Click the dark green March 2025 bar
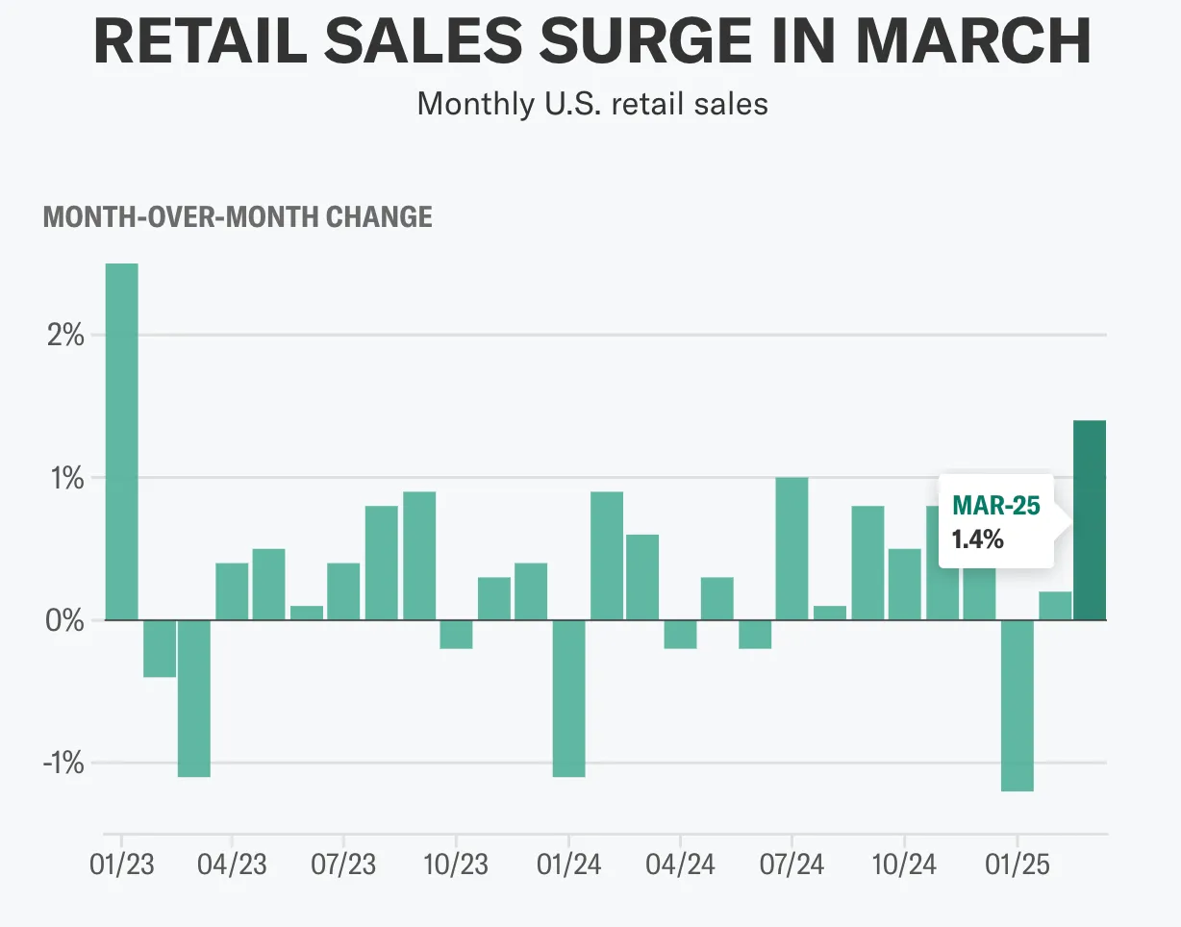click(1090, 520)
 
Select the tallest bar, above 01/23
click(121, 441)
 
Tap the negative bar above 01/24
click(568, 698)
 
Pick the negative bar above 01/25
click(1017, 705)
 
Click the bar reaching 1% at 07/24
click(792, 548)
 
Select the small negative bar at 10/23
click(456, 635)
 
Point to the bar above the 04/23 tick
click(232, 591)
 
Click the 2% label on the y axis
click(64, 337)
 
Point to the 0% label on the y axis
click(64, 621)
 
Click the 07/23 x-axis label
click(343, 864)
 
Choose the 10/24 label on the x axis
click(904, 864)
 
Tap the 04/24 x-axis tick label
click(680, 864)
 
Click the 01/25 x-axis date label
click(1017, 864)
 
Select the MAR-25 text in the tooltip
click(995, 505)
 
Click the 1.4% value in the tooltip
click(977, 539)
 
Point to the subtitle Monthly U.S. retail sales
click(592, 103)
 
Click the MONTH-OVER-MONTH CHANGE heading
click(238, 216)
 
